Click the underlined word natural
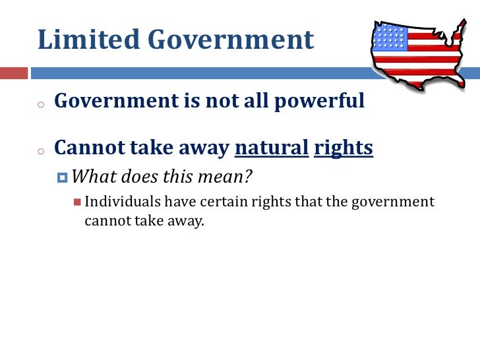[272, 149]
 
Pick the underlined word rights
[344, 149]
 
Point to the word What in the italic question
[93, 177]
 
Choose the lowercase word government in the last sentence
[394, 202]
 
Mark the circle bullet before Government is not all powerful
[40, 104]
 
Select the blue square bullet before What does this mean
[63, 178]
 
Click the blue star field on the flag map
[389, 37]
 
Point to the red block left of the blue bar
[15, 72]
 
